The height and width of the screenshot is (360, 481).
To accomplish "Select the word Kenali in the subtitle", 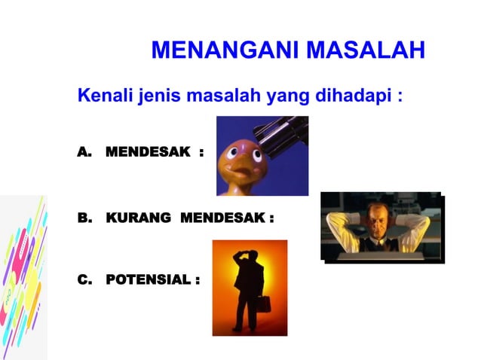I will pyautogui.click(x=105, y=97).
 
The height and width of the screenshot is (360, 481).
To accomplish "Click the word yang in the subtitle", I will pyautogui.click(x=277, y=97).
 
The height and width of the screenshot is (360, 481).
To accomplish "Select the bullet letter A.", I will pyautogui.click(x=84, y=153).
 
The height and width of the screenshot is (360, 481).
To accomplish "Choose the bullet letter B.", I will pyautogui.click(x=84, y=218).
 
